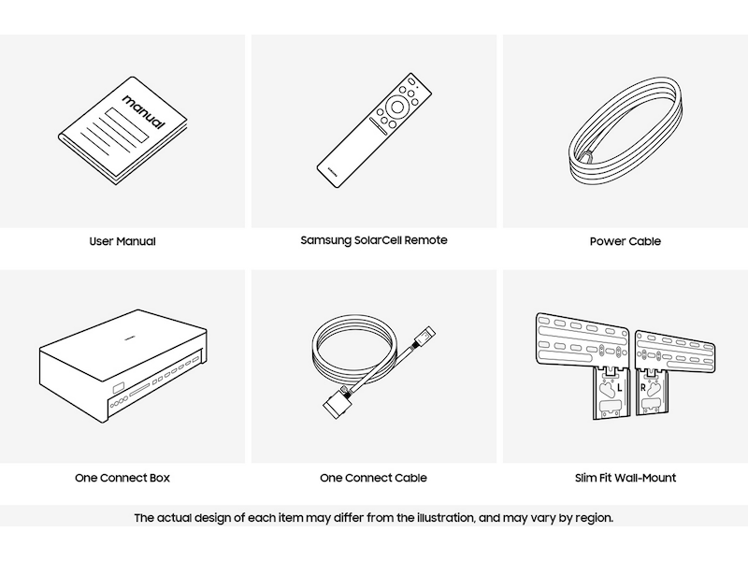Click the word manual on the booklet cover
click(144, 111)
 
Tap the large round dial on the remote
click(396, 107)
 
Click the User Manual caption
click(122, 241)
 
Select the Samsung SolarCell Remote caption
click(374, 240)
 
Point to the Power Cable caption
click(626, 241)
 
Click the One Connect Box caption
click(122, 478)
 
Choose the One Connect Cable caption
click(373, 478)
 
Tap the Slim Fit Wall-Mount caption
click(626, 478)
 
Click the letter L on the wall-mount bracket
click(619, 388)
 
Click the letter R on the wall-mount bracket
click(642, 388)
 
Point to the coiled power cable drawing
click(626, 130)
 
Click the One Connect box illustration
click(123, 366)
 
